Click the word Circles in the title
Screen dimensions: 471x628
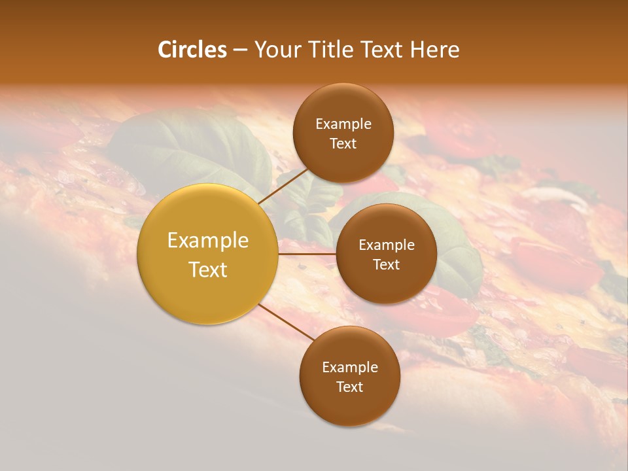[192, 50]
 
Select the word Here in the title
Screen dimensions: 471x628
[435, 50]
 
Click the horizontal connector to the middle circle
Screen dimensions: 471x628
[307, 254]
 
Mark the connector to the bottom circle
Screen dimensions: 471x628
[286, 322]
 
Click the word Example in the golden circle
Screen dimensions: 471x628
[208, 241]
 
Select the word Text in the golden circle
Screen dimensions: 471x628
[208, 269]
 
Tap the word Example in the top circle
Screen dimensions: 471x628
[343, 124]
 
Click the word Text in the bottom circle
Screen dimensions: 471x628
[349, 387]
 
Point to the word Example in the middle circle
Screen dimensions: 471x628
[387, 245]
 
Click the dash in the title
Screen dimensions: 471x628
[240, 50]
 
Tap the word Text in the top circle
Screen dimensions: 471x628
[343, 144]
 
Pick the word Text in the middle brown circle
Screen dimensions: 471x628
[386, 265]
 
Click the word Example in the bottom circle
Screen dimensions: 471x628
[350, 368]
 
